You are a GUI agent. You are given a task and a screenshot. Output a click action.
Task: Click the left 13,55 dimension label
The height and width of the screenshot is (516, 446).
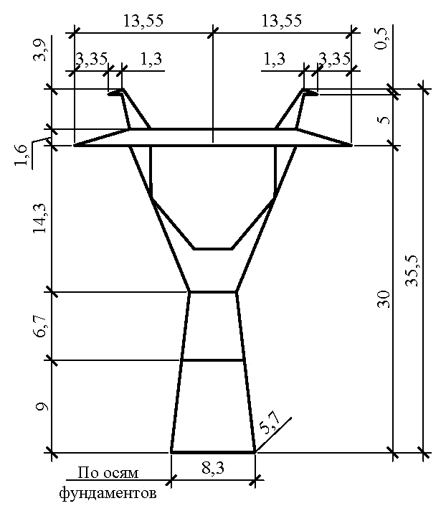click(x=143, y=21)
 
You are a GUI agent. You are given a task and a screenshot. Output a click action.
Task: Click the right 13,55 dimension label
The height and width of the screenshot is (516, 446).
click(x=282, y=21)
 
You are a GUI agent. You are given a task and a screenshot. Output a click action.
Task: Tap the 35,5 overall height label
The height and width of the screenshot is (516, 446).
click(x=412, y=271)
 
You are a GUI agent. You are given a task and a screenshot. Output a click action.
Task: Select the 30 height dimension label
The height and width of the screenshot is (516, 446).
click(x=384, y=299)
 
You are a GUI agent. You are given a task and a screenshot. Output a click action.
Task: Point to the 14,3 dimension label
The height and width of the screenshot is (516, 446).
click(x=40, y=218)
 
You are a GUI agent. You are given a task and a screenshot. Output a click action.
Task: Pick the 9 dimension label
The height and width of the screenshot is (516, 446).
click(x=42, y=407)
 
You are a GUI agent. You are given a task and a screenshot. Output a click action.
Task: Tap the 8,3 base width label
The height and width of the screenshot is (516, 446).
click(x=213, y=468)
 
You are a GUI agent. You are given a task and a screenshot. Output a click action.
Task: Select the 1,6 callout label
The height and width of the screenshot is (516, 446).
click(x=21, y=156)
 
